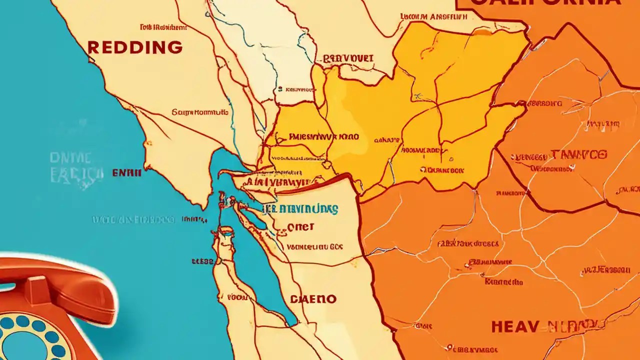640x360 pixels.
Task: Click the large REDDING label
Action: tap(134, 47)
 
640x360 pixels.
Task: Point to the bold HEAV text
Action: tap(514, 326)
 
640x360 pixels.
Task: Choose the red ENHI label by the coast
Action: tap(126, 172)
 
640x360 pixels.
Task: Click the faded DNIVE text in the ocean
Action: tap(70, 158)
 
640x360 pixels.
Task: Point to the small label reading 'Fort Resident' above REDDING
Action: tap(159, 27)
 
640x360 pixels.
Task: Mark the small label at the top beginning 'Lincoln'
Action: tap(433, 16)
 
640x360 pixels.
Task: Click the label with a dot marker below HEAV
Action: tap(475, 348)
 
